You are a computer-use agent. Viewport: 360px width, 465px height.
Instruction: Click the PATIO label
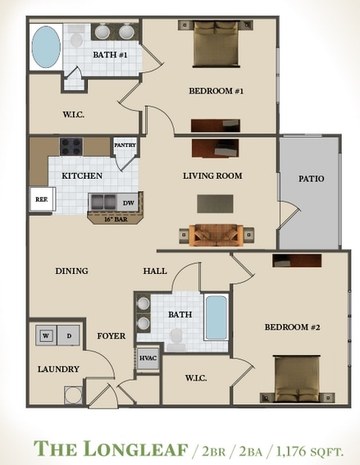[311, 179]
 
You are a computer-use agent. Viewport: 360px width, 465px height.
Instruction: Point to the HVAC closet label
[148, 358]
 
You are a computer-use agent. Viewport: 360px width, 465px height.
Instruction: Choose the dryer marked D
[68, 335]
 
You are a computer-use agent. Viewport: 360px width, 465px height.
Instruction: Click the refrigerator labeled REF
[41, 199]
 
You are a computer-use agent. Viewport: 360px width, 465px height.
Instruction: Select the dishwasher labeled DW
[128, 202]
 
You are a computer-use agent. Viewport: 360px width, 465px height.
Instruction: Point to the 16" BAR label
[116, 220]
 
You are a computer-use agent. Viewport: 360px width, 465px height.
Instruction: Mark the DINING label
[71, 271]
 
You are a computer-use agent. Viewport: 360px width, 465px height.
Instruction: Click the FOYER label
[111, 335]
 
